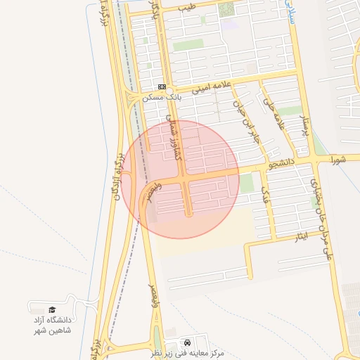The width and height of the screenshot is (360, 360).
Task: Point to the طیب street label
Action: pos(186,6)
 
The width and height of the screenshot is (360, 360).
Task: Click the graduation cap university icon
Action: pos(52,309)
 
